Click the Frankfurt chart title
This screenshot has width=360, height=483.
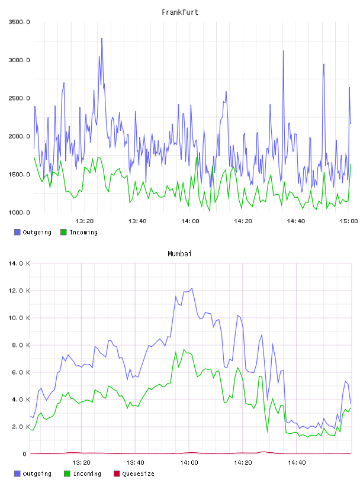pyautogui.click(x=180, y=12)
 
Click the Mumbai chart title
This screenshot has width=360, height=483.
pyautogui.click(x=179, y=253)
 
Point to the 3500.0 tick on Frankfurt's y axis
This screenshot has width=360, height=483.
pyautogui.click(x=19, y=22)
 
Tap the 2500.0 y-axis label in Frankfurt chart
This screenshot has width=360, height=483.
pyautogui.click(x=19, y=98)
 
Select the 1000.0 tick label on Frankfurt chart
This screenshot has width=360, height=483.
pyautogui.click(x=19, y=212)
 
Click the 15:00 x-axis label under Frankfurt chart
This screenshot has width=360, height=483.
pyautogui.click(x=349, y=221)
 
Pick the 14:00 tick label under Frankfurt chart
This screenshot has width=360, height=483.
pyautogui.click(x=190, y=221)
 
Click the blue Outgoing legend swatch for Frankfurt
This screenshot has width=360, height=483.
pyautogui.click(x=17, y=232)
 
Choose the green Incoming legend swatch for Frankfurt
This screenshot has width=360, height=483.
pyautogui.click(x=63, y=232)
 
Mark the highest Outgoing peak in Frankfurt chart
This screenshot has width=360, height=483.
pyautogui.click(x=102, y=38)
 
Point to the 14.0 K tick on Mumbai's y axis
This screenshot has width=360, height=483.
pyautogui.click(x=19, y=263)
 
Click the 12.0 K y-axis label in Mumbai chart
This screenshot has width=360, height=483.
pyautogui.click(x=19, y=291)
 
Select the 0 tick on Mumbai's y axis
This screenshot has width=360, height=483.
pyautogui.click(x=24, y=454)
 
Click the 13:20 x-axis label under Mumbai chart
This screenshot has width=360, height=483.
pyautogui.click(x=81, y=463)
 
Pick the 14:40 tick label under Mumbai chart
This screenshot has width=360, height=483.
pyautogui.click(x=297, y=463)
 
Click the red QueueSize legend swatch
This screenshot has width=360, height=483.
pyautogui.click(x=117, y=474)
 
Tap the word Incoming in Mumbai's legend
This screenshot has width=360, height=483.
pyautogui.click(x=87, y=474)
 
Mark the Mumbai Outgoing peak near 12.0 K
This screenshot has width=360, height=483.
pyautogui.click(x=192, y=288)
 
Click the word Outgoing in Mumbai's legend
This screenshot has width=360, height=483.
pyautogui.click(x=37, y=474)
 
